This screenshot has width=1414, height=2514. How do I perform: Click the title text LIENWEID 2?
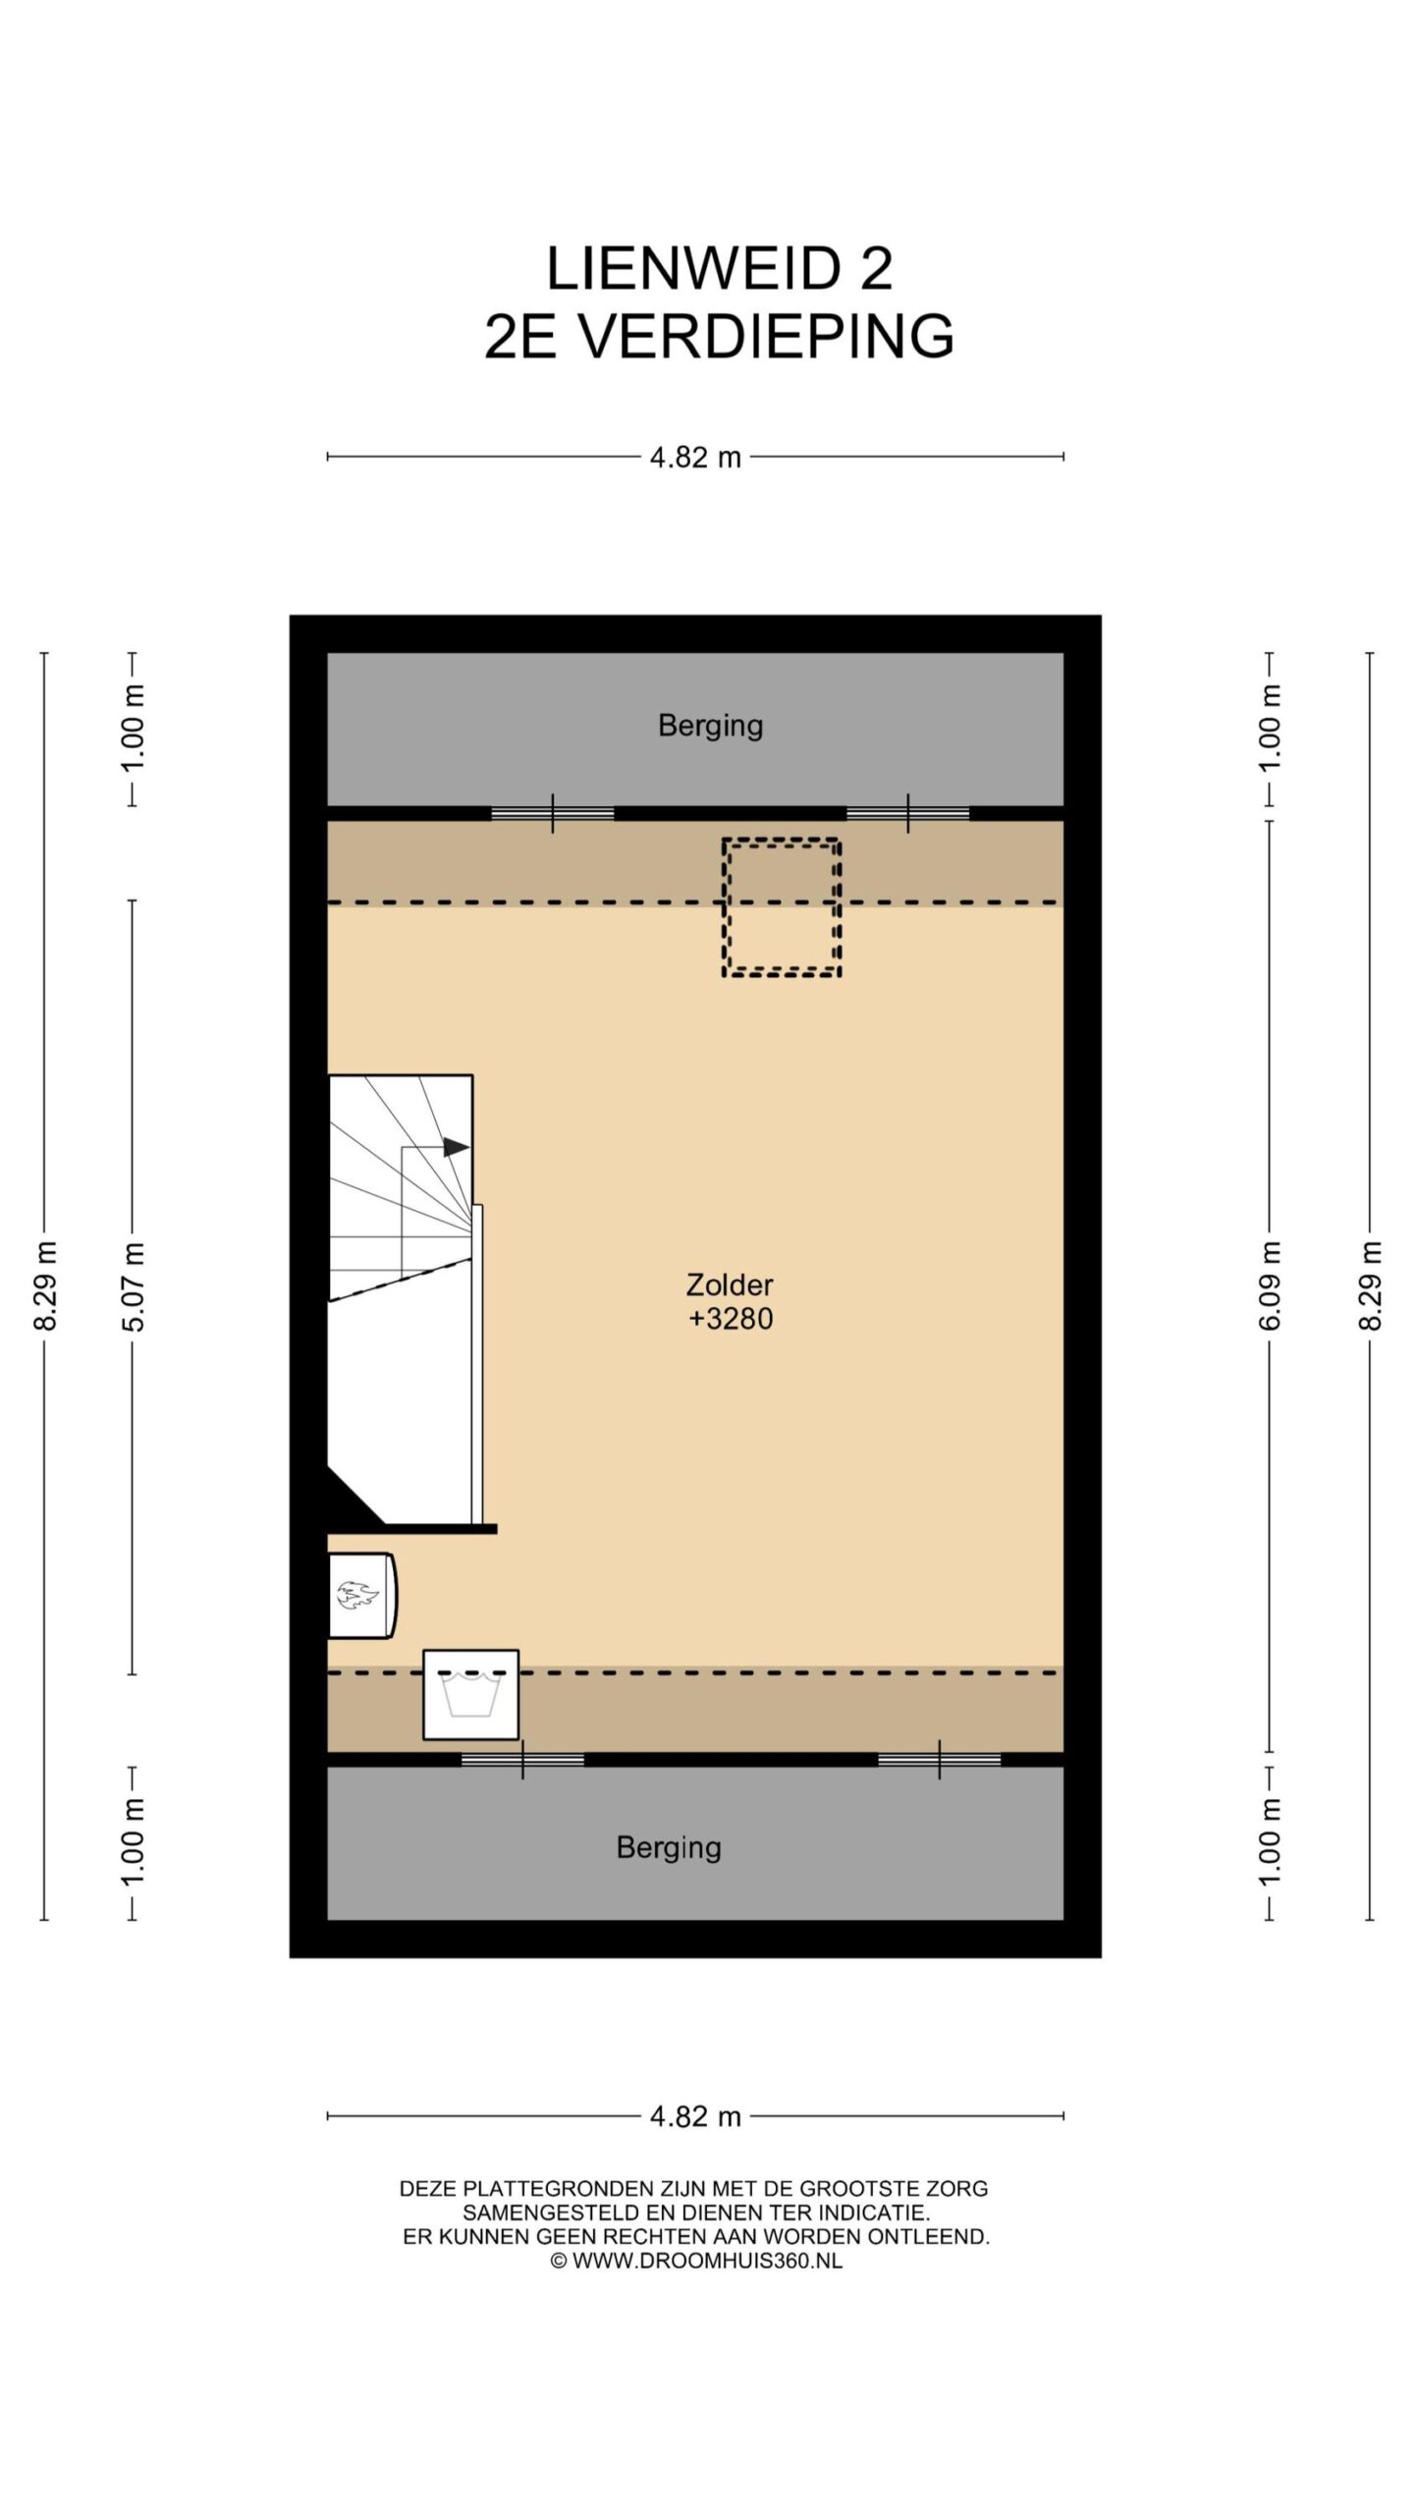click(719, 268)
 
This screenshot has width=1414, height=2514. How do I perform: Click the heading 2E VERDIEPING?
click(719, 336)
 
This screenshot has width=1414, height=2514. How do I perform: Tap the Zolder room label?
click(730, 1284)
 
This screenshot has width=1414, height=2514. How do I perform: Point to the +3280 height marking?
click(731, 1318)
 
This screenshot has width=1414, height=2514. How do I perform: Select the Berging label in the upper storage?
click(710, 726)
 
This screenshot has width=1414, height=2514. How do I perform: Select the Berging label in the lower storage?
click(669, 1848)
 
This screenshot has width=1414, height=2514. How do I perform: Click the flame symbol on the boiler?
click(357, 1595)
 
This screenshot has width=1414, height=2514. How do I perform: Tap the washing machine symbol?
click(470, 1694)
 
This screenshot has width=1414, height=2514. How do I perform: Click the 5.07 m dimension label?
click(134, 1287)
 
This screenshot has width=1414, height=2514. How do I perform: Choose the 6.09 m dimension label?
click(1270, 1286)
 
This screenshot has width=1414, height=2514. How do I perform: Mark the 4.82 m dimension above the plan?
click(695, 458)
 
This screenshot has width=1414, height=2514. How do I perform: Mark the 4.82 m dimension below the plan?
click(695, 2116)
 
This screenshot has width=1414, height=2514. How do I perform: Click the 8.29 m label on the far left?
click(45, 1286)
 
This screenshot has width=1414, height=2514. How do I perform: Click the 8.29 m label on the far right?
click(1370, 1286)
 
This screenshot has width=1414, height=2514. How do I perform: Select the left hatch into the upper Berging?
click(553, 813)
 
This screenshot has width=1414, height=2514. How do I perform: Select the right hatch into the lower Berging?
click(940, 1760)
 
